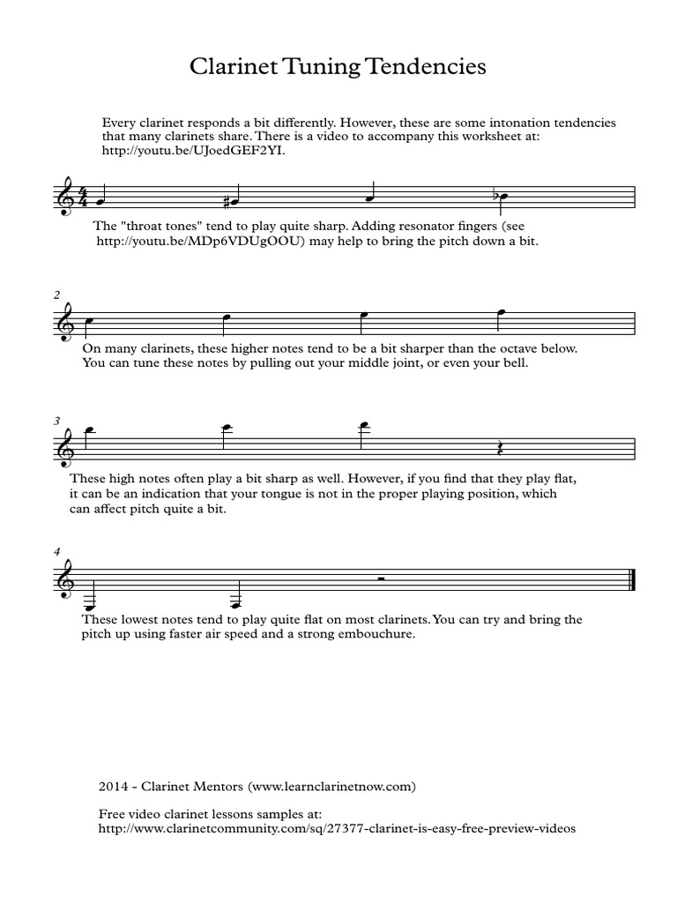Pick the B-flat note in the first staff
click(x=502, y=195)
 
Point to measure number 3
click(x=57, y=421)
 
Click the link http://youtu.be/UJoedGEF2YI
click(x=194, y=151)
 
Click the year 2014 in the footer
click(x=115, y=783)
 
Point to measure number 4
click(x=57, y=552)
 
